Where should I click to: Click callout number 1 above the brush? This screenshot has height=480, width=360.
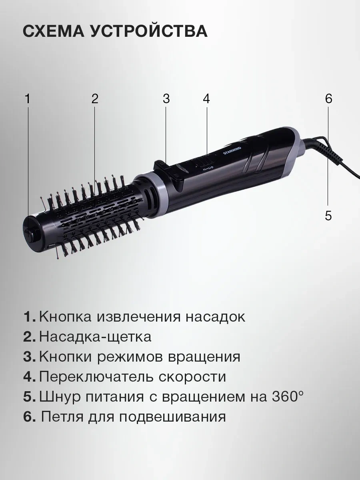[x=27, y=99]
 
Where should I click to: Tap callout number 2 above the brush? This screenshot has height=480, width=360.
[x=95, y=99]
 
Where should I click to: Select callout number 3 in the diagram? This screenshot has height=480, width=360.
[x=166, y=99]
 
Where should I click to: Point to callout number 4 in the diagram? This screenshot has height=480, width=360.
[x=206, y=99]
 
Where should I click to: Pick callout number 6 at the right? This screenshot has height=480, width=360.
[x=328, y=99]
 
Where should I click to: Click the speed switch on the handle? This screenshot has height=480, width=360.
[x=204, y=163]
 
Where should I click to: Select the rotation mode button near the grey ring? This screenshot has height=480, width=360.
[x=161, y=166]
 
